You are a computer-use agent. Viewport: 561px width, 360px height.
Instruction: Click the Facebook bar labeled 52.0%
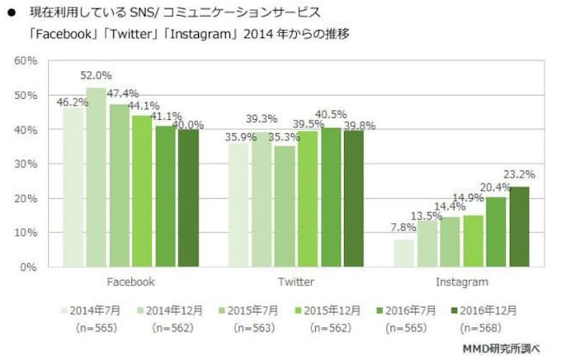(x=97, y=178)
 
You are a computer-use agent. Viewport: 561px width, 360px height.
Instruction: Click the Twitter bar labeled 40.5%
(x=331, y=197)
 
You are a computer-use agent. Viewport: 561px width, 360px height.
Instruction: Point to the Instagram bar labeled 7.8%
(x=405, y=253)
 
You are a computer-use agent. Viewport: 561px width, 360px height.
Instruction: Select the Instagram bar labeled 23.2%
(x=519, y=227)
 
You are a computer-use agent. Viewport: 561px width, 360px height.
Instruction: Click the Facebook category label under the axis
(x=130, y=282)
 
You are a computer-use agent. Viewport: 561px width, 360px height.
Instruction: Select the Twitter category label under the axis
(x=295, y=282)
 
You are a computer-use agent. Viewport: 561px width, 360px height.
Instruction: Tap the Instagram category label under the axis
(x=461, y=282)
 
